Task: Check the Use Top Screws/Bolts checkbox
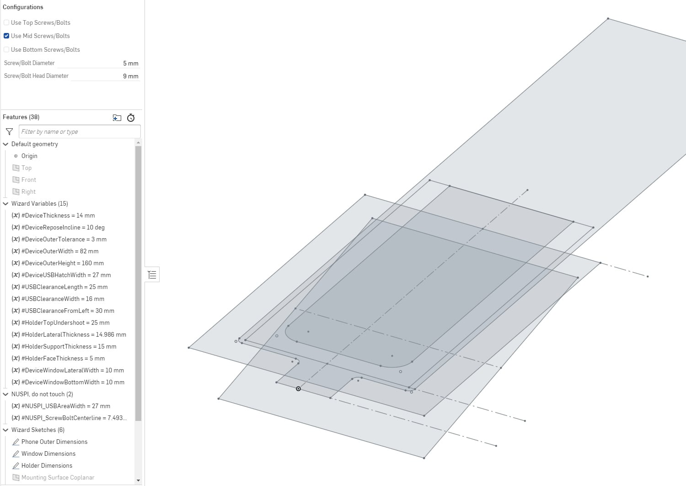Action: pyautogui.click(x=6, y=22)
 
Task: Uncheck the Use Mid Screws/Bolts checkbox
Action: pyautogui.click(x=6, y=36)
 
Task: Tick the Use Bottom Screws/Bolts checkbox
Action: pyautogui.click(x=6, y=49)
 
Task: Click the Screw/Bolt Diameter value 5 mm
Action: pyautogui.click(x=130, y=63)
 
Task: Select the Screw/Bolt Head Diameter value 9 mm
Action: pyautogui.click(x=130, y=76)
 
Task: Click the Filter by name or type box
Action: pyautogui.click(x=80, y=131)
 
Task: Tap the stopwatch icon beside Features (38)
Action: pyautogui.click(x=131, y=118)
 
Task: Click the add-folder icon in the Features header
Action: pyautogui.click(x=117, y=118)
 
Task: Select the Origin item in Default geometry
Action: pyautogui.click(x=29, y=156)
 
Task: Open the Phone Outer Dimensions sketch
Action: pyautogui.click(x=54, y=442)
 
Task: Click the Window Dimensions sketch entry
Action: pyautogui.click(x=48, y=453)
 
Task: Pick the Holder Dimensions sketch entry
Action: pyautogui.click(x=47, y=465)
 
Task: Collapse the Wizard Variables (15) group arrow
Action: pyautogui.click(x=6, y=203)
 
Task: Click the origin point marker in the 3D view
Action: pyautogui.click(x=298, y=389)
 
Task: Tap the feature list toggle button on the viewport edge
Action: pyautogui.click(x=152, y=274)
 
